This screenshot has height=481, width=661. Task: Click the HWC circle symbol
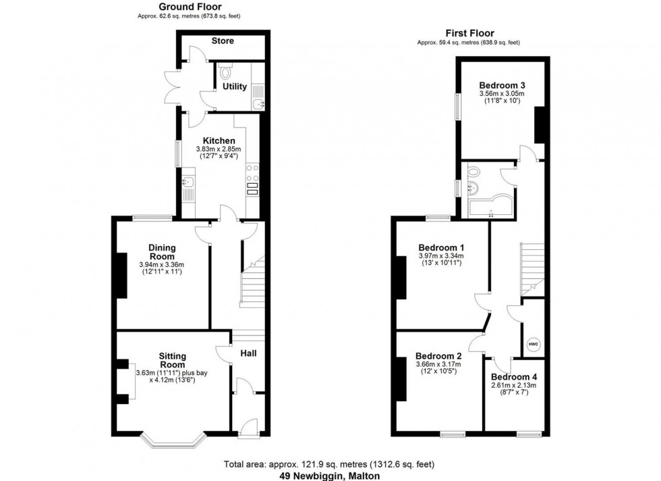[x=533, y=345]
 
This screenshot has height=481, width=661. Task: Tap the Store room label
[x=223, y=41]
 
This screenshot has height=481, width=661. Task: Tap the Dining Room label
[x=162, y=252]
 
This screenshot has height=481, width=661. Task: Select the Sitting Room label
[x=172, y=360]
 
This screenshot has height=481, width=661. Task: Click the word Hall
[x=248, y=353]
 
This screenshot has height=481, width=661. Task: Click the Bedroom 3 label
[x=502, y=84]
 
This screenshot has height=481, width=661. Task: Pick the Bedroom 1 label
[x=440, y=247]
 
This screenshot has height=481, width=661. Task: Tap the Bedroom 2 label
[x=438, y=356]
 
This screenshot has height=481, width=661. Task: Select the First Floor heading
[x=469, y=33]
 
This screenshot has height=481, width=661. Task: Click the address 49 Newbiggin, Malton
[x=330, y=476]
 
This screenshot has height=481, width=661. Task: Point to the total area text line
[x=330, y=465]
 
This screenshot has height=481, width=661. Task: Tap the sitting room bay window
[x=173, y=440]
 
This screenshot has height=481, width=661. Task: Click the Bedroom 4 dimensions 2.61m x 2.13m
[x=514, y=386]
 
